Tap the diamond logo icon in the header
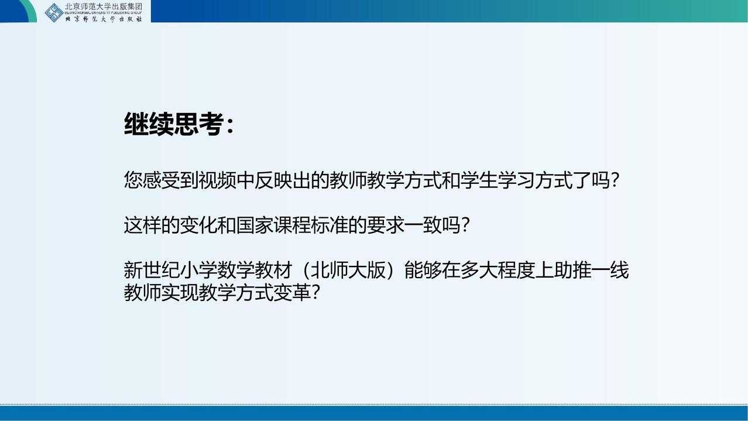(x=54, y=13)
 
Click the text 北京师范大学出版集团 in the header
(x=104, y=6)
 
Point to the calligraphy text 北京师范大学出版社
(x=104, y=19)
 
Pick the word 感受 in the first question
(x=162, y=180)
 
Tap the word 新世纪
(x=152, y=270)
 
